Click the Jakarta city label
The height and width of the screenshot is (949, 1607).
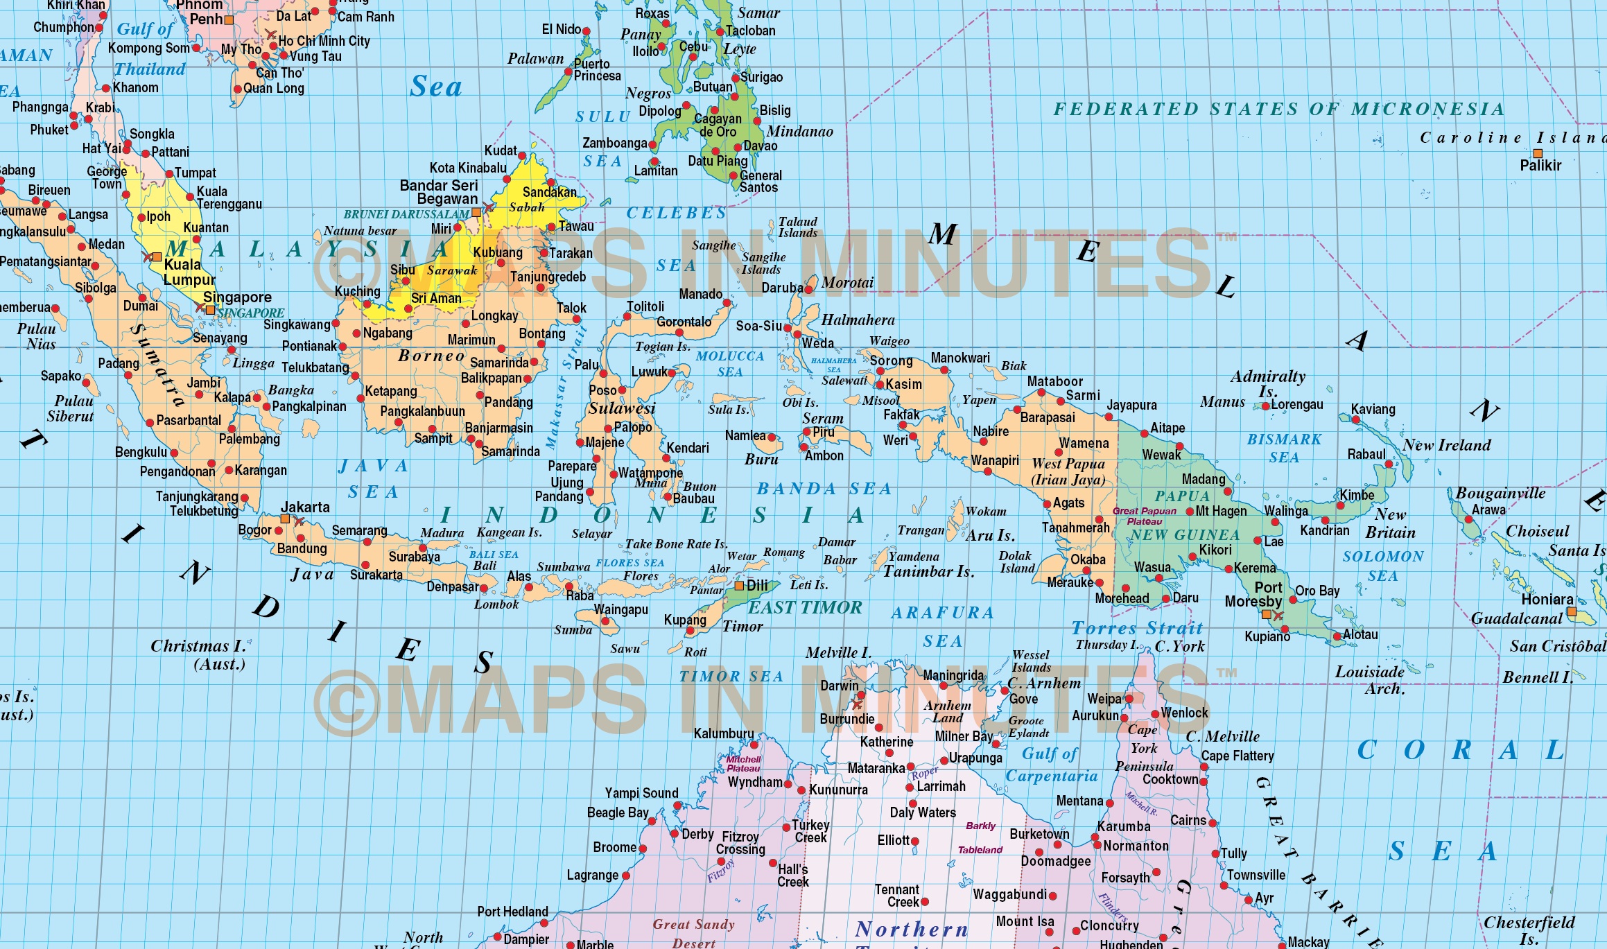(x=305, y=507)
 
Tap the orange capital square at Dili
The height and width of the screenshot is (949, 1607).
(x=739, y=586)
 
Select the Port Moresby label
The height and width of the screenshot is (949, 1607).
(x=1253, y=594)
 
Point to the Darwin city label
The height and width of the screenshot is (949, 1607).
(x=839, y=686)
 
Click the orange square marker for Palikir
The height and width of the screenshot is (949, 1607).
(x=1538, y=153)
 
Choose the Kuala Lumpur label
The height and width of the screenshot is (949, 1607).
(x=189, y=272)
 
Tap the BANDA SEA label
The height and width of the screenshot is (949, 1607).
(x=824, y=489)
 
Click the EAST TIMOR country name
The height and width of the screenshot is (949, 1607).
(x=804, y=607)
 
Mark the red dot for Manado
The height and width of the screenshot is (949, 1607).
(x=727, y=303)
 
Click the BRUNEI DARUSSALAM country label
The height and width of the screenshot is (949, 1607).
(x=406, y=214)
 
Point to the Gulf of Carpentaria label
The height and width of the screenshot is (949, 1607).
(x=1051, y=765)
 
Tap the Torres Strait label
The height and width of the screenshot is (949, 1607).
(x=1137, y=628)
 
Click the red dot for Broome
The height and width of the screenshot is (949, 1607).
(x=643, y=848)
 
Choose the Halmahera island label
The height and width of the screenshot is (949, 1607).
(x=858, y=320)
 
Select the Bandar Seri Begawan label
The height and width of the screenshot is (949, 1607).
(x=439, y=192)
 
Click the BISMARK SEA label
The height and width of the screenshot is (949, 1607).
(x=1284, y=448)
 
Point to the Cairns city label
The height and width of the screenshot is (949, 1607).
(x=1188, y=820)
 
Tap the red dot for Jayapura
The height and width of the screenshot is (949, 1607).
(x=1109, y=417)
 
